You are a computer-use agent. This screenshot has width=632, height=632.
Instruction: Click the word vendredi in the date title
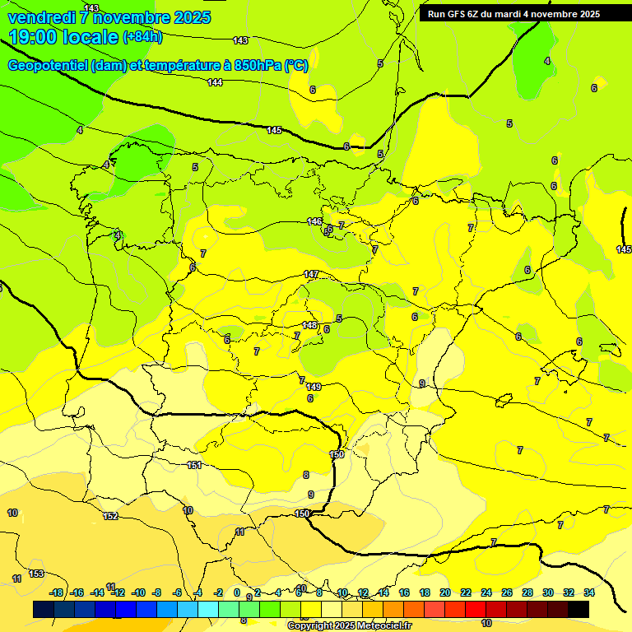(x=41, y=17)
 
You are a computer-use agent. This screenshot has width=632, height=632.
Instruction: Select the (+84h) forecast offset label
(x=142, y=36)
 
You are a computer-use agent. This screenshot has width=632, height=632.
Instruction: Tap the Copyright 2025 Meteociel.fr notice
(x=349, y=625)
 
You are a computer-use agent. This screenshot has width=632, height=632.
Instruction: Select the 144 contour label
(x=215, y=82)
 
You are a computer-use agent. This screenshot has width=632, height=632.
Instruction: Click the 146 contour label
(x=314, y=222)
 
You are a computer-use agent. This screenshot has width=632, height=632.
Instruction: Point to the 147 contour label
(x=311, y=274)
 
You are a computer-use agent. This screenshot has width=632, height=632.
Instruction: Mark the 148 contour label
(x=309, y=325)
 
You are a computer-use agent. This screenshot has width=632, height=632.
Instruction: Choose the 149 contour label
(x=314, y=387)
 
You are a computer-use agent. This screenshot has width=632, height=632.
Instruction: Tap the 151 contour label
(x=194, y=465)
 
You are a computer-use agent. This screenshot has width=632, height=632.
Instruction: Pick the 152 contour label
(x=110, y=516)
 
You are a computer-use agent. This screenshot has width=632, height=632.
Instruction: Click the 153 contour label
(x=36, y=574)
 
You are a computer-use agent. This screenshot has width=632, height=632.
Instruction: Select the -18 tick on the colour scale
(x=57, y=592)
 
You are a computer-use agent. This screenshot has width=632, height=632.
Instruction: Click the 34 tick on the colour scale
(x=589, y=592)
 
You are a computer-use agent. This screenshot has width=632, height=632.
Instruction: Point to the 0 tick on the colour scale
(x=237, y=592)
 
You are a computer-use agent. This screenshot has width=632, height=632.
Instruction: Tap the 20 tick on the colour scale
(x=445, y=592)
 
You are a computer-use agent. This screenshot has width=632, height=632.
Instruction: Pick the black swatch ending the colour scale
(x=579, y=609)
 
